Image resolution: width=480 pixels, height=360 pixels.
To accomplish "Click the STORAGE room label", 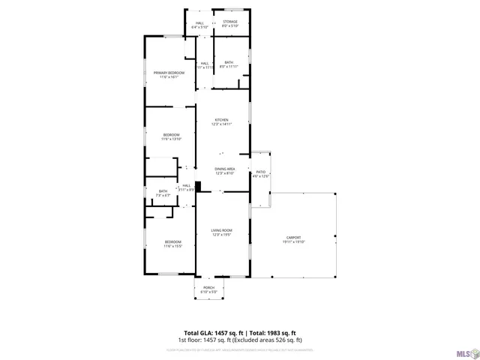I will coord(230,22).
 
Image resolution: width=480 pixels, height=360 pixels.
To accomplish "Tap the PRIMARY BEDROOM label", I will coord(169,72).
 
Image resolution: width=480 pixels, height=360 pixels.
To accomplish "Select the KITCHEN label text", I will coord(221,120).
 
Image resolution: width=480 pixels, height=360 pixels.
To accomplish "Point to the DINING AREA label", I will coord(225,169).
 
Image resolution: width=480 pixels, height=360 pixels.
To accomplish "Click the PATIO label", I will coord(261,172).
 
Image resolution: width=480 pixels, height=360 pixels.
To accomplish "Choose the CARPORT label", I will coord(293,237).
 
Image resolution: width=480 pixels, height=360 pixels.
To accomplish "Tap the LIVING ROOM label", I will coord(221,230).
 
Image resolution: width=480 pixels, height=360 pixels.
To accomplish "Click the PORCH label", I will coord(209,287).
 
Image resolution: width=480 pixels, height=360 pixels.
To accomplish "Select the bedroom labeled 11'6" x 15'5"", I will coord(172,246).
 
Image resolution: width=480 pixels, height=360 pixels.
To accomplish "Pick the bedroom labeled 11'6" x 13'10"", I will coord(171,139).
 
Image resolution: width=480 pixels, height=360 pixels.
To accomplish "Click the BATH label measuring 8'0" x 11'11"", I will coord(229,64).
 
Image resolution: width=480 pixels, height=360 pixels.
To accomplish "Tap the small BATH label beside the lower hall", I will coord(163,191).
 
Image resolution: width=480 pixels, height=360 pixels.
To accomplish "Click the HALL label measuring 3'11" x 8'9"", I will coord(186,187).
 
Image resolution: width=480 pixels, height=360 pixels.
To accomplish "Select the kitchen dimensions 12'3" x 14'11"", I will coord(221,124).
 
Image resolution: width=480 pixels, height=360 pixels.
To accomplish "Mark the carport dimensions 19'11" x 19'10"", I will coord(293,241).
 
